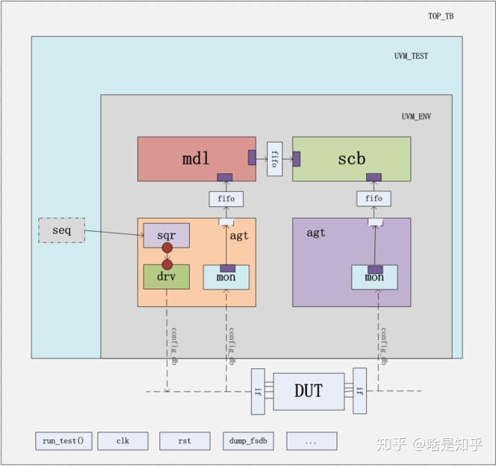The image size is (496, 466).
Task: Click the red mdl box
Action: [196, 158]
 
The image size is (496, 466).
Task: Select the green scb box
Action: [351, 158]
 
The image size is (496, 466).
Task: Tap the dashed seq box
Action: [62, 230]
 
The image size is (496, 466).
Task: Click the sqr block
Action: [166, 235]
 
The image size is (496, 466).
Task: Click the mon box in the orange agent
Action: [226, 278]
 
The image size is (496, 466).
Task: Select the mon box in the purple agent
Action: [374, 278]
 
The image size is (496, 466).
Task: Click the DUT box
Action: [308, 391]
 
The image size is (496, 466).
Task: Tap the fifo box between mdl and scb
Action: [274, 158]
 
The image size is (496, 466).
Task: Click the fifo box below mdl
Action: [226, 199]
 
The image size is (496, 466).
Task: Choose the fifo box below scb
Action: [374, 199]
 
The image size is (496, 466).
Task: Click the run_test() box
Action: [64, 441]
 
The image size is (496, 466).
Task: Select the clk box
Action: [122, 441]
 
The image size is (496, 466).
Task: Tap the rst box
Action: [185, 441]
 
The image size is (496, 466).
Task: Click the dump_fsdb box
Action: [248, 441]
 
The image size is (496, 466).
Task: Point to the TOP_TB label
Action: [440, 16]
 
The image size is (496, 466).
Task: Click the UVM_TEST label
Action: [411, 56]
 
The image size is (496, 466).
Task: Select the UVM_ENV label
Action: [416, 116]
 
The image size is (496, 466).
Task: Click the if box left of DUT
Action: [259, 391]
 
